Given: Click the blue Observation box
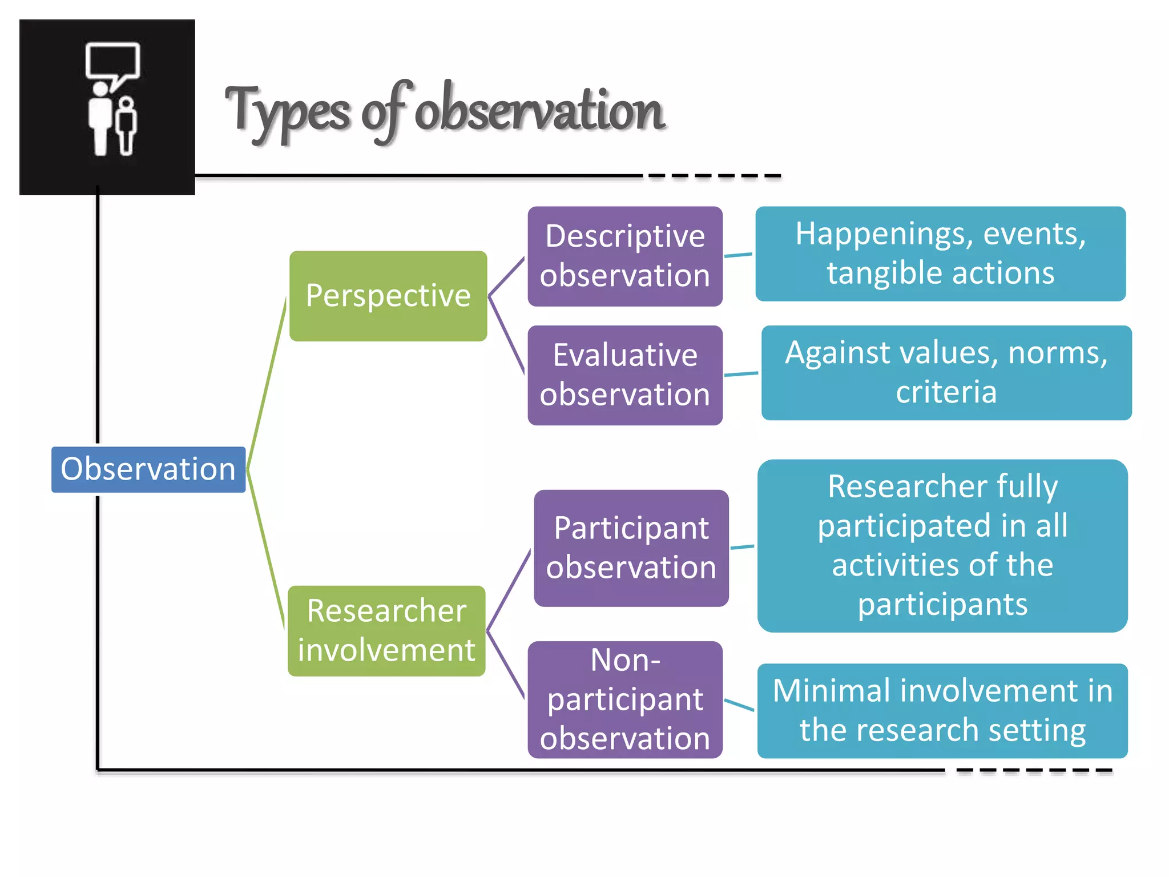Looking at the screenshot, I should point(148,469).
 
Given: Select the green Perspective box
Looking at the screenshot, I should point(388,296).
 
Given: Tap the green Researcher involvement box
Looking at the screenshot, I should point(387,630).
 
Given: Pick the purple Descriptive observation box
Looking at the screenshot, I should point(625,256).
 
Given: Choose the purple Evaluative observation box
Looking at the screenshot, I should point(625,375).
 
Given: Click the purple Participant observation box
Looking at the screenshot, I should point(631,548).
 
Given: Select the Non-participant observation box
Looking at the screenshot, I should point(625,699).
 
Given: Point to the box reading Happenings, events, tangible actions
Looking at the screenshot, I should point(941,254).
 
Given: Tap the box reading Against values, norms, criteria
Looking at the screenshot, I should point(946,372).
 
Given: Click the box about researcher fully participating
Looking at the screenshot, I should point(942,545).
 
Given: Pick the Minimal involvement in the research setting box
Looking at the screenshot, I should point(942,710).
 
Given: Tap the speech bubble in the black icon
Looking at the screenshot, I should point(112,61).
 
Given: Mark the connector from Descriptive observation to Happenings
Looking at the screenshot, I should point(739,255).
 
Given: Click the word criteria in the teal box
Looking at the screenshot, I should point(946,392).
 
